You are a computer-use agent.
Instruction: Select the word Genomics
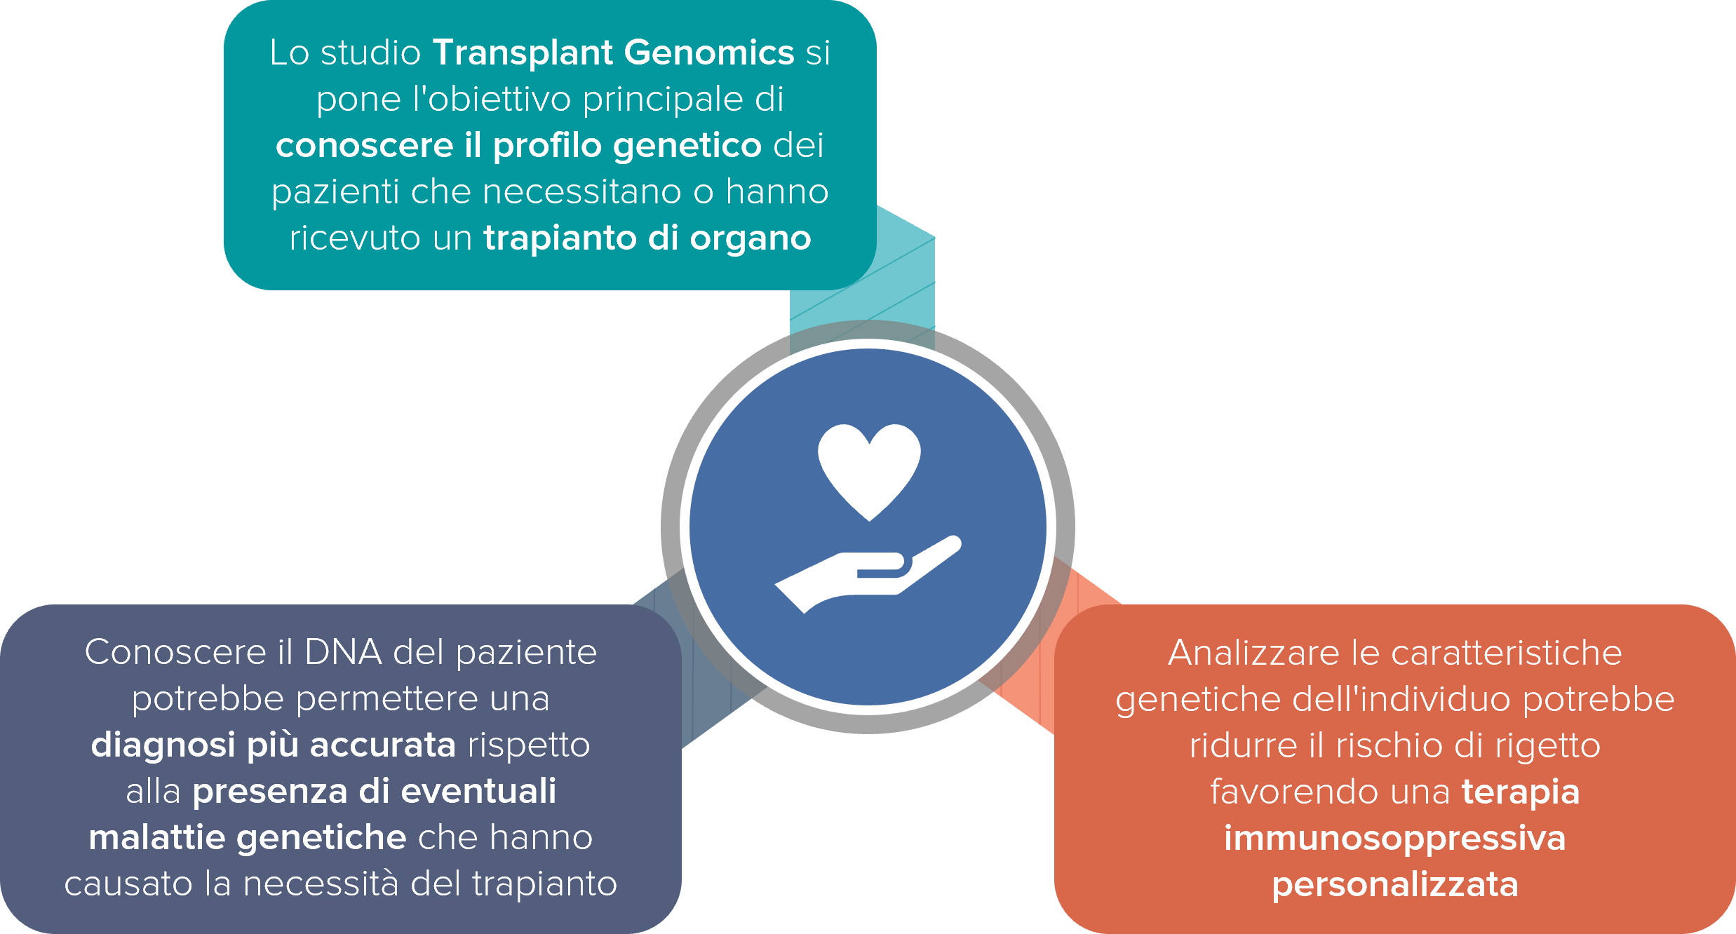point(709,53)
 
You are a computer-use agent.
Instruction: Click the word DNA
point(343,652)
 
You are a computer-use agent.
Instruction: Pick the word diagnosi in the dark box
point(163,745)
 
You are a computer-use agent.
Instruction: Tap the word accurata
point(383,745)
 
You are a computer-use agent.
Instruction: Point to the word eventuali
point(478,791)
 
